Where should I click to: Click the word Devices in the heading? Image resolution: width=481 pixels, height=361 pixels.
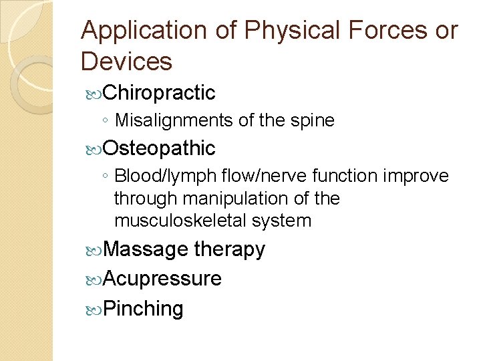click(x=126, y=62)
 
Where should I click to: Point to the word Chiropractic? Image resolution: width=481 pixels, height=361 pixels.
click(x=160, y=93)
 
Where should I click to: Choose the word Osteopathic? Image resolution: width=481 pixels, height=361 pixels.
click(x=160, y=148)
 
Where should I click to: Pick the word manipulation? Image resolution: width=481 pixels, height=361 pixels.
click(x=232, y=199)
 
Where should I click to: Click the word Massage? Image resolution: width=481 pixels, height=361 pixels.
click(x=146, y=249)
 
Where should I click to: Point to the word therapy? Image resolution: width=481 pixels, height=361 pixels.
click(x=229, y=249)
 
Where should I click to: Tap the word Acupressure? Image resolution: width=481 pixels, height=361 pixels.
click(x=163, y=279)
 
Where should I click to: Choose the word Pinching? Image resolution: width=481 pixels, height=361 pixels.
click(x=144, y=308)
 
